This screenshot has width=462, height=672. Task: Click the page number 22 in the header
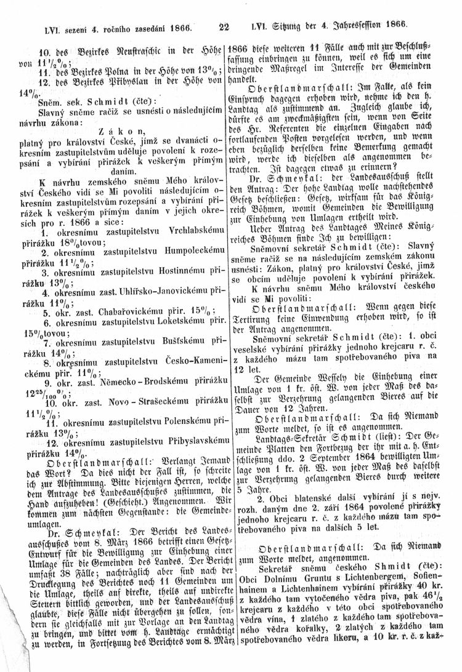[224, 26]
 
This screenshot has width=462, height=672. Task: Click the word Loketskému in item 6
[174, 321]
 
